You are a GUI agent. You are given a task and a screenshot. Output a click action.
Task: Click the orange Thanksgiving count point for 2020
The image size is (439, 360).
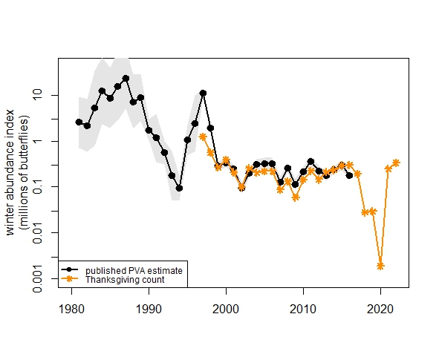pyautogui.click(x=380, y=266)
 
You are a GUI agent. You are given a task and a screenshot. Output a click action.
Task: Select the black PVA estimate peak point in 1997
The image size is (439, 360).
pyautogui.click(x=203, y=94)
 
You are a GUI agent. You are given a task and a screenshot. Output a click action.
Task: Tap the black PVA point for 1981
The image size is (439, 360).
pyautogui.click(x=79, y=122)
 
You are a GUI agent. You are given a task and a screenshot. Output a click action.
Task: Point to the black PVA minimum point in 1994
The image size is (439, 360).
pyautogui.click(x=179, y=189)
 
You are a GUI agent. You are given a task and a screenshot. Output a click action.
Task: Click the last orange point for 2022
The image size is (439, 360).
pyautogui.click(x=396, y=163)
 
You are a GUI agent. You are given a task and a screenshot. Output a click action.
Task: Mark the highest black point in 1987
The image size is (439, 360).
pyautogui.click(x=126, y=78)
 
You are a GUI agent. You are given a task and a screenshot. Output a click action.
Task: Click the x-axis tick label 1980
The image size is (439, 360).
pyautogui.click(x=71, y=307)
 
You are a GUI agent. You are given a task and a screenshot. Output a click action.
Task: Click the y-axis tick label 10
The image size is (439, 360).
pyautogui.click(x=48, y=95)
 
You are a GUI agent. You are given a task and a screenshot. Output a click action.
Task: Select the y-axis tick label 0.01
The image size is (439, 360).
pyautogui.click(x=48, y=232)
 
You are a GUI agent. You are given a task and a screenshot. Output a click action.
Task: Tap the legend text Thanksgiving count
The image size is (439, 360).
pyautogui.click(x=124, y=280)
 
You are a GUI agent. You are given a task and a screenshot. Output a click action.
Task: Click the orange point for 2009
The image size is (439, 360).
pyautogui.click(x=296, y=197)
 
